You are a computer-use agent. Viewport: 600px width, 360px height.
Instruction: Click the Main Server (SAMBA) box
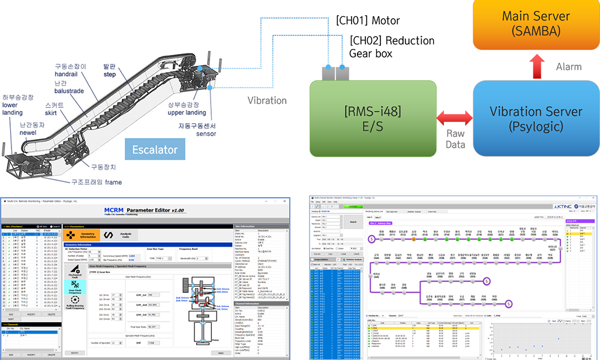click(x=536, y=23)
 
